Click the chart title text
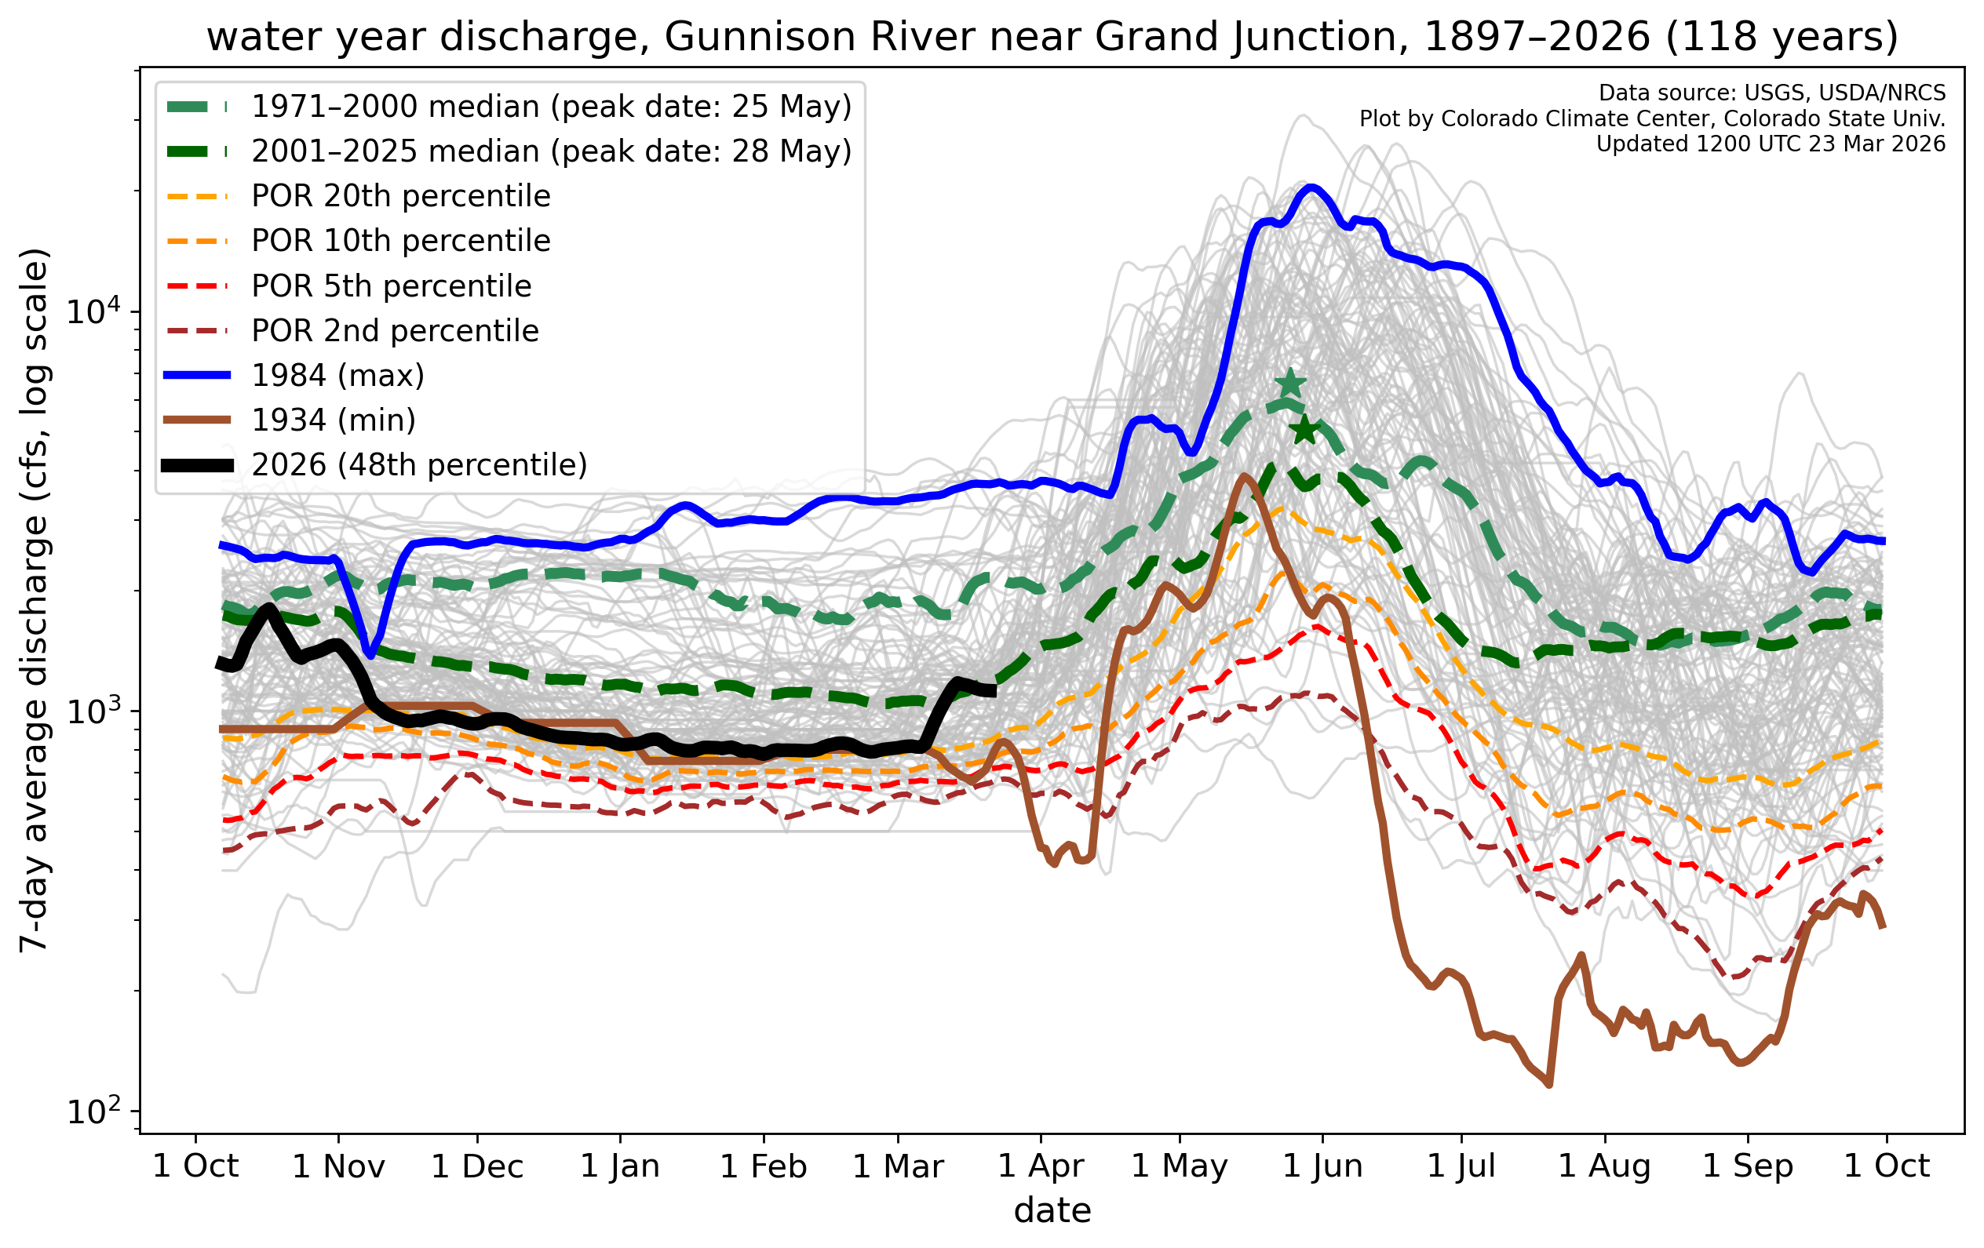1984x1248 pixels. tap(1052, 37)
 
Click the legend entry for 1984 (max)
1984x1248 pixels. tap(337, 376)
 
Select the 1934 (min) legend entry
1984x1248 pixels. tap(333, 420)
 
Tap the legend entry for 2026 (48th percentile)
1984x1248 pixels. tap(418, 465)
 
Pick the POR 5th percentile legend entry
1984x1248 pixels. tap(391, 286)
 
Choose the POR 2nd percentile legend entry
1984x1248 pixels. tap(395, 331)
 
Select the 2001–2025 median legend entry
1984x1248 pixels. tap(550, 151)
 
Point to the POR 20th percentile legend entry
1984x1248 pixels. tap(400, 196)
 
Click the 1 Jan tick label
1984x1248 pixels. tap(621, 1166)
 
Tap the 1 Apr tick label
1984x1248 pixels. tap(1041, 1166)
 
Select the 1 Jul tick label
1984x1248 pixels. tap(1461, 1166)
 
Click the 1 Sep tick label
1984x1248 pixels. tap(1748, 1166)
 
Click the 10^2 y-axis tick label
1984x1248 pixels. tap(93, 1112)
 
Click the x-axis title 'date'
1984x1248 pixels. tap(1052, 1211)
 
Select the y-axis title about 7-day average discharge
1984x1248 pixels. tap(35, 600)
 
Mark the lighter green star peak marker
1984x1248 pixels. tap(1290, 384)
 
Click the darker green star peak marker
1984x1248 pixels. tap(1304, 429)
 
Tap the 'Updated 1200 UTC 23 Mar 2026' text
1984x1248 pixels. tap(1771, 144)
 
